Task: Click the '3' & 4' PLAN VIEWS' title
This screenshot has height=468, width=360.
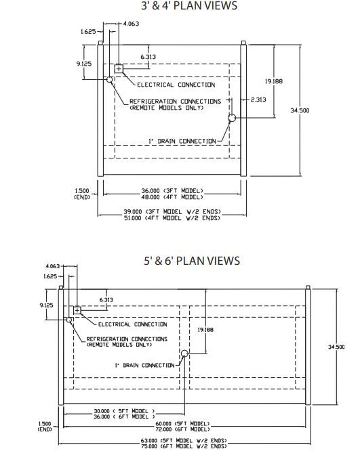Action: pyautogui.click(x=189, y=5)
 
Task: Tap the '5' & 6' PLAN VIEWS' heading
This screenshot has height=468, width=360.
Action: pyautogui.click(x=192, y=261)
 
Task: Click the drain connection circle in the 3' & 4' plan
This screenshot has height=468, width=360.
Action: pyautogui.click(x=232, y=118)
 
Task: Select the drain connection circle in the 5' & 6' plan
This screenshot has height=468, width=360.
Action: pyautogui.click(x=184, y=354)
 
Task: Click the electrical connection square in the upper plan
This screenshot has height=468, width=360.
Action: pyautogui.click(x=119, y=69)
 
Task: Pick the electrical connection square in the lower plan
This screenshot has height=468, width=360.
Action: pyautogui.click(x=77, y=310)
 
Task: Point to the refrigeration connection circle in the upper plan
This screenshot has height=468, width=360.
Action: pyautogui.click(x=110, y=79)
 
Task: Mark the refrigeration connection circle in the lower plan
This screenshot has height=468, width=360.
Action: pyautogui.click(x=69, y=320)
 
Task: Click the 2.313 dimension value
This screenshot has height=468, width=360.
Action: pyautogui.click(x=258, y=100)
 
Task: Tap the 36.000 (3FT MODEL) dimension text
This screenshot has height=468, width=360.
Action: pyautogui.click(x=172, y=191)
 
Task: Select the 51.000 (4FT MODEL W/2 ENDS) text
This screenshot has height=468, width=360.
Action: pyautogui.click(x=172, y=218)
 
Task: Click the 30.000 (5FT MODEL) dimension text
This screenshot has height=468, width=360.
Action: pyautogui.click(x=124, y=411)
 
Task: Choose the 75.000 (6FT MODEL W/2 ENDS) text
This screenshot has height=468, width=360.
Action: pyautogui.click(x=184, y=446)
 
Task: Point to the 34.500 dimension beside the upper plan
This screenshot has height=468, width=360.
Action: pyautogui.click(x=300, y=110)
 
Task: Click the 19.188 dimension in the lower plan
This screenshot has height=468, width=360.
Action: pyautogui.click(x=205, y=330)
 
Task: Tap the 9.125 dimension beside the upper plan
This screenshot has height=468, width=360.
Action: pyautogui.click(x=84, y=64)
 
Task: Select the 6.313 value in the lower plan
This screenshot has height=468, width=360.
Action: pyautogui.click(x=106, y=299)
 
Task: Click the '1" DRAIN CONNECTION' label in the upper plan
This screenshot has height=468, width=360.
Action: pyautogui.click(x=182, y=141)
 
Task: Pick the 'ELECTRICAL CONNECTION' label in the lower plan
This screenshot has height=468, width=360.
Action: pyautogui.click(x=133, y=324)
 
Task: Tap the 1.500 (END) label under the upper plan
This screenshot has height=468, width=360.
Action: pyautogui.click(x=82, y=194)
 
